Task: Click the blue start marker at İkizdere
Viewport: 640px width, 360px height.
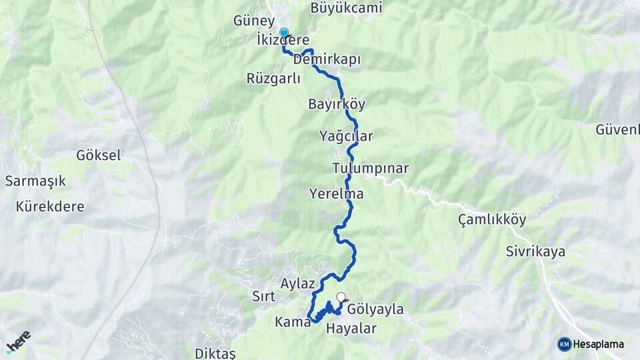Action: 284,32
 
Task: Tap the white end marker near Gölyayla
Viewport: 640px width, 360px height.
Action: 341,297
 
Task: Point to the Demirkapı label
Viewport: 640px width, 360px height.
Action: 327,59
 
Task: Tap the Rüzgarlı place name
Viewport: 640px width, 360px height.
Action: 273,78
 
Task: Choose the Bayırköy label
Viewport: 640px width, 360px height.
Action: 337,104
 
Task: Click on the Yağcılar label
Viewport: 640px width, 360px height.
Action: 346,136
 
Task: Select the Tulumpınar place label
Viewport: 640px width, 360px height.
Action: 370,168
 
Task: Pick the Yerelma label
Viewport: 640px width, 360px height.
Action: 336,194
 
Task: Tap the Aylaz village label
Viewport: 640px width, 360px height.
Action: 297,283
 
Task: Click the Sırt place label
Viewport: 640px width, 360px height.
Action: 263,296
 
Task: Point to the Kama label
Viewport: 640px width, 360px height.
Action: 292,322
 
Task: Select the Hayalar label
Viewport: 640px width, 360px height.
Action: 351,328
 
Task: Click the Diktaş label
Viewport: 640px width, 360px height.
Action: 215,353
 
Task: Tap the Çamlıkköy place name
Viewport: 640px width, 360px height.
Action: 492,219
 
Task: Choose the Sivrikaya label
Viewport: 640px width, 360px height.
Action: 535,251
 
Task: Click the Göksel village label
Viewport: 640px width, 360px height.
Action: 99,155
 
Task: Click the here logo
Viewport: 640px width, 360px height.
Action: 18,341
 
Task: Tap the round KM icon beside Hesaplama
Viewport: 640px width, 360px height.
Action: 564,344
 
